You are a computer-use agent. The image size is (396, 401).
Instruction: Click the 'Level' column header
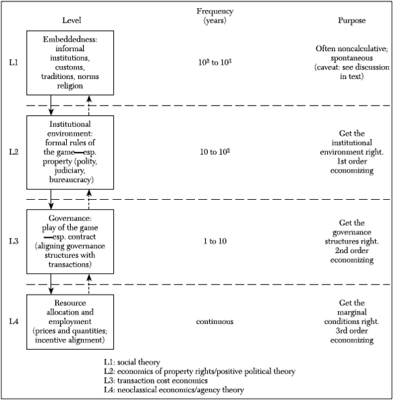72,20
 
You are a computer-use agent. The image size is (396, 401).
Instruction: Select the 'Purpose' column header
352,20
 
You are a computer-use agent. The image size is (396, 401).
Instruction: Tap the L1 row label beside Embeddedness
14,62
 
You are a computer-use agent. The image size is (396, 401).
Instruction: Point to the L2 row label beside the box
14,152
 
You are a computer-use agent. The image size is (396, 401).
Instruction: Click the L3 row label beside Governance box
14,241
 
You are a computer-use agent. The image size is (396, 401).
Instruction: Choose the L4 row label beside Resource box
14,321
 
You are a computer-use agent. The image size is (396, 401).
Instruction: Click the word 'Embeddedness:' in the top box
70,39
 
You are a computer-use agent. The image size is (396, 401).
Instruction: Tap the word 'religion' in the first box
70,86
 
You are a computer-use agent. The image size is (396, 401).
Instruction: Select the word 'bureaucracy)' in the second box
72,180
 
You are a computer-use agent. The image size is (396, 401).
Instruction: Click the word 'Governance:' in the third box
70,218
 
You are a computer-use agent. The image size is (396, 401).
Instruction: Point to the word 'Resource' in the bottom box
70,303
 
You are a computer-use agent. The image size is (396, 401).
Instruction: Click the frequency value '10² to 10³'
215,62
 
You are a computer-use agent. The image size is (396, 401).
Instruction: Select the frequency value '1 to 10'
215,241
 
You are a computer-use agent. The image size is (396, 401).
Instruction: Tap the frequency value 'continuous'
215,321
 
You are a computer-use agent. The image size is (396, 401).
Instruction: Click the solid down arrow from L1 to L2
51,105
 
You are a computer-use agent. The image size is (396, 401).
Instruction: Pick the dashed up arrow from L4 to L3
89,284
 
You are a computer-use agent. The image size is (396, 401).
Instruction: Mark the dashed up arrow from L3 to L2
89,199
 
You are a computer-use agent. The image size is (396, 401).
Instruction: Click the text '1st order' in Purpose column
352,162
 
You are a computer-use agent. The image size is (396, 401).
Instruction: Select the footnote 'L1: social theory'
132,362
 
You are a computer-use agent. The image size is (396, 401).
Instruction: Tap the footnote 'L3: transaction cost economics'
155,381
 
